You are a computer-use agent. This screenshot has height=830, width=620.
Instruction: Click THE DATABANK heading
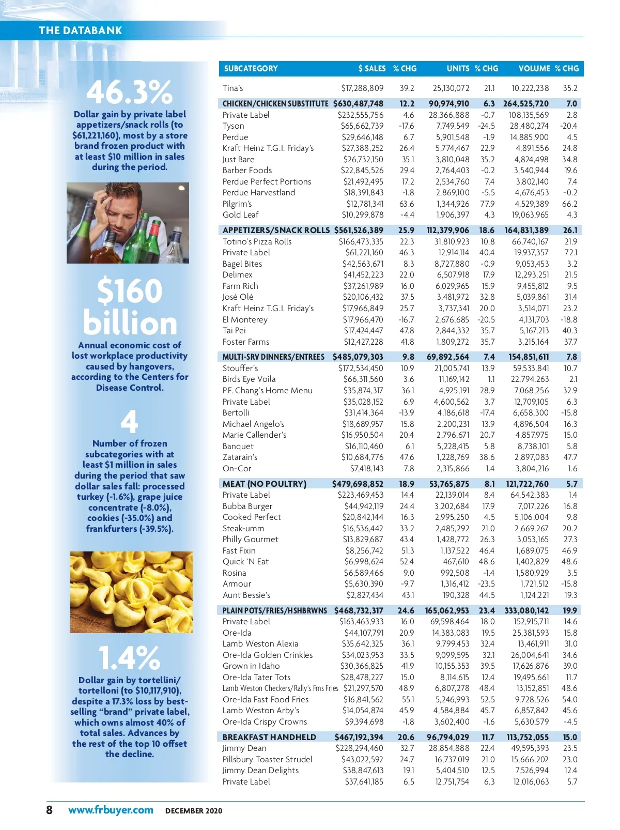80,30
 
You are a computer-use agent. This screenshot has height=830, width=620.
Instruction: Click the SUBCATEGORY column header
251,68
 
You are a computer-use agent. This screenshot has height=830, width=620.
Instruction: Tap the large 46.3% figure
129,92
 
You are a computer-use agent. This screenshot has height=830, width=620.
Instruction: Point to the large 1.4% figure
129,658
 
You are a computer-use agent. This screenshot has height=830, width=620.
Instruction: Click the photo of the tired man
128,223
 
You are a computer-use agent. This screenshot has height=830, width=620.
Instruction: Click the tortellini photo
131,592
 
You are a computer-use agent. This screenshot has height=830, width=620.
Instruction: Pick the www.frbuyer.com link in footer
111,810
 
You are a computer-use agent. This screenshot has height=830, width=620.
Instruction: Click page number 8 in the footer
49,810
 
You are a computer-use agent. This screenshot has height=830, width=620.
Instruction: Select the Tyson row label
233,126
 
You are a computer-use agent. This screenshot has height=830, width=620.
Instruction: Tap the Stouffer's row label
240,368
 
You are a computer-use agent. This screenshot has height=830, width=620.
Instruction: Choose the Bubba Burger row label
247,506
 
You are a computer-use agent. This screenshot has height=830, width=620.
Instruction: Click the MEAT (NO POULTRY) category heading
264,484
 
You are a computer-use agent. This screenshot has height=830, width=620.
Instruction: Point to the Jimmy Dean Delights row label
260,770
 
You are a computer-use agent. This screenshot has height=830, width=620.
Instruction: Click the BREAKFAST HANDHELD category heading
269,737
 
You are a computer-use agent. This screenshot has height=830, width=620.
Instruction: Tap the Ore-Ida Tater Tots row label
256,677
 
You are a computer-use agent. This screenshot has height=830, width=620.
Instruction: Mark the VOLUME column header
534,68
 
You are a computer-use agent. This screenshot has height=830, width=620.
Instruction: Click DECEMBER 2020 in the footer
193,811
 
